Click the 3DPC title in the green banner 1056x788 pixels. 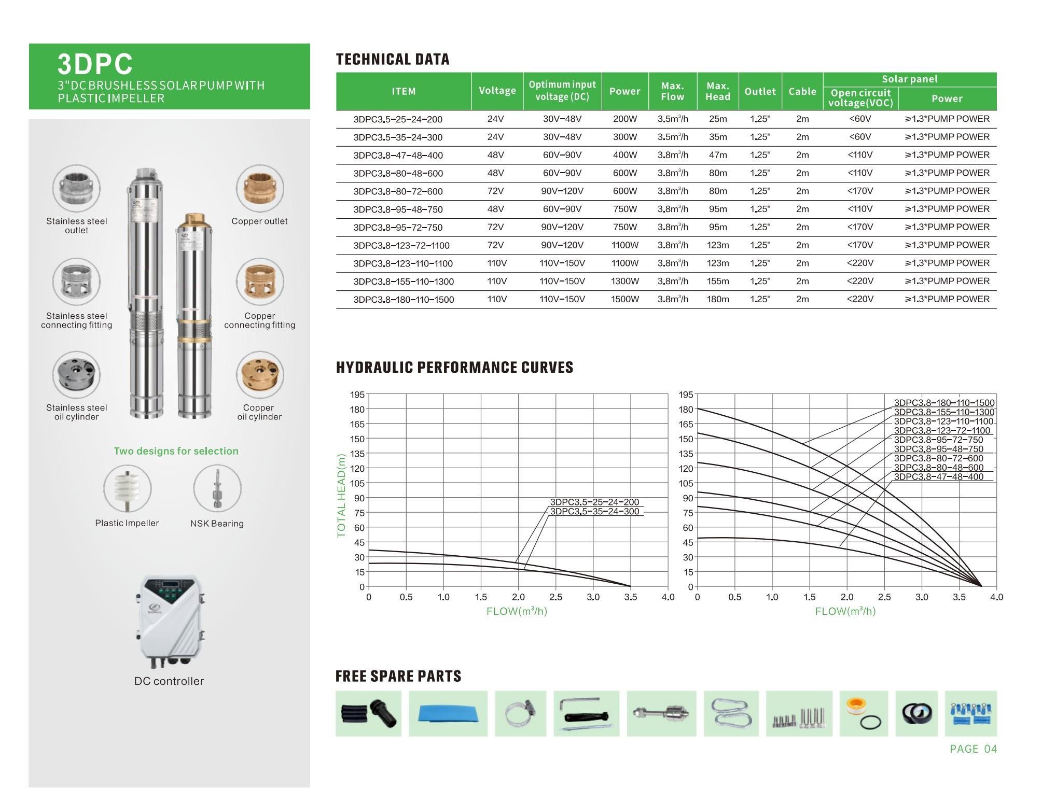point(95,64)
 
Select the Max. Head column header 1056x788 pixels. point(717,91)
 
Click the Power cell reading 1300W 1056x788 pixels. point(624,282)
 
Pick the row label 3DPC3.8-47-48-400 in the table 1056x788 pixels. point(398,156)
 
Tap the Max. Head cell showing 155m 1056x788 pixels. point(717,282)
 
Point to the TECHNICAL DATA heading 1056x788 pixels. point(393,60)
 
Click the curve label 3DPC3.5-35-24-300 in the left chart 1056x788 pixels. point(594,512)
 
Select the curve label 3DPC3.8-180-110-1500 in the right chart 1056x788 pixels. point(944,403)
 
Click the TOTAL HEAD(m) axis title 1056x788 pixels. point(341,496)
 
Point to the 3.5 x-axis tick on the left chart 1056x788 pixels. point(630,597)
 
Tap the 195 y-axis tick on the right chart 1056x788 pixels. point(686,395)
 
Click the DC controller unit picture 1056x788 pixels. point(169,621)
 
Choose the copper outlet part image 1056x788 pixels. point(260,188)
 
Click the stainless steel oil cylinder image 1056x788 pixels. point(76,375)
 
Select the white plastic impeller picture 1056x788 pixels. point(127,488)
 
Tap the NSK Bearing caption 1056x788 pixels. point(217,524)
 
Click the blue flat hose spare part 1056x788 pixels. point(448,713)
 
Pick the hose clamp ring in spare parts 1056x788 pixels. point(520,713)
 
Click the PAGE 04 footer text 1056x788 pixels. point(973,749)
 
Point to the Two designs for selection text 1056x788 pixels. point(176,451)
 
